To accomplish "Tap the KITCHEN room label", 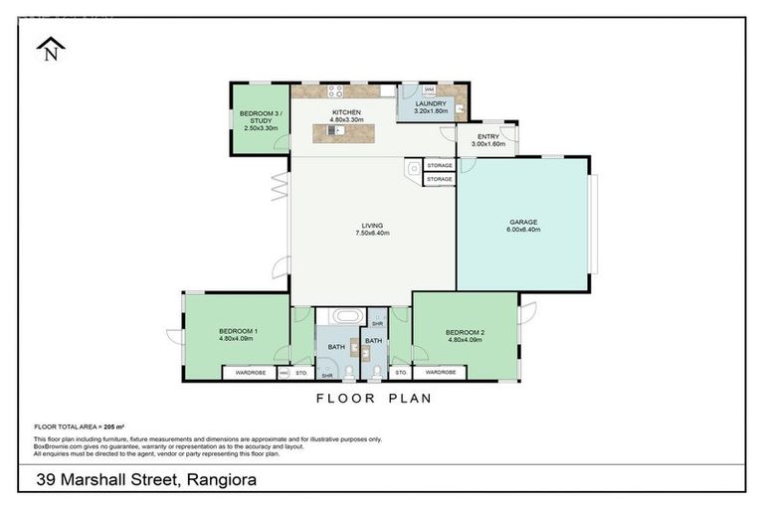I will pos(346,112).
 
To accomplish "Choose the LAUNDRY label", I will pos(431,103).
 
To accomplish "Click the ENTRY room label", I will pos(487,136).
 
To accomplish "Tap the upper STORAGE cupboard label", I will pos(440,165).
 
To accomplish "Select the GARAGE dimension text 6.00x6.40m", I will pos(522,230).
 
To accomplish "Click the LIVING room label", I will pos(372,226).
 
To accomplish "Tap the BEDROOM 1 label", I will pos(239,331).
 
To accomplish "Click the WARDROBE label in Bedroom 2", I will pos(440,373).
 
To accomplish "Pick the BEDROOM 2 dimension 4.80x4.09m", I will pos(464,339).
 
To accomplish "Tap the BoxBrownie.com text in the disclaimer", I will pos(59,446).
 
